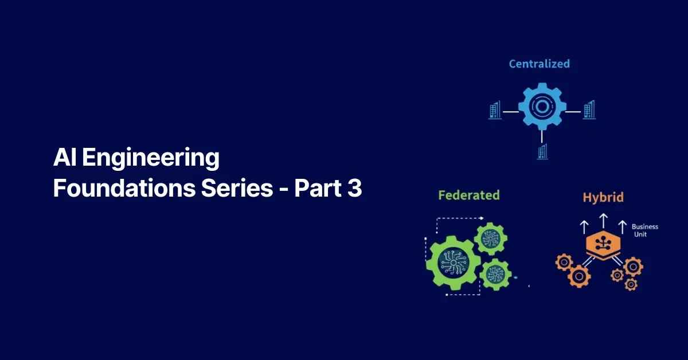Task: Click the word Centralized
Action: [x=540, y=64]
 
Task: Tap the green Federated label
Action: [x=469, y=195]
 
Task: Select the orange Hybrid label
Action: [x=603, y=197]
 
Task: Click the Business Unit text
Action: [x=644, y=230]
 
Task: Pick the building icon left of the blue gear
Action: [x=495, y=109]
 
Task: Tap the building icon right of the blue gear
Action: [x=589, y=109]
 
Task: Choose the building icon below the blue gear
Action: [x=542, y=152]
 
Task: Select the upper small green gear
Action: [x=491, y=239]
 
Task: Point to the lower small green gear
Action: [x=495, y=275]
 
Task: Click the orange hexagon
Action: [x=603, y=245]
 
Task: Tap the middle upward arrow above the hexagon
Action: [x=604, y=221]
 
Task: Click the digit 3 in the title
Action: [x=355, y=187]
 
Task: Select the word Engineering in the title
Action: [x=151, y=158]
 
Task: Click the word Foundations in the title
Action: [x=124, y=187]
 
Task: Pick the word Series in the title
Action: [x=237, y=187]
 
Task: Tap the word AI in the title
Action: [x=65, y=156]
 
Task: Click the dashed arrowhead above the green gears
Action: [x=482, y=218]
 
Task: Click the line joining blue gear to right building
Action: [x=573, y=112]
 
